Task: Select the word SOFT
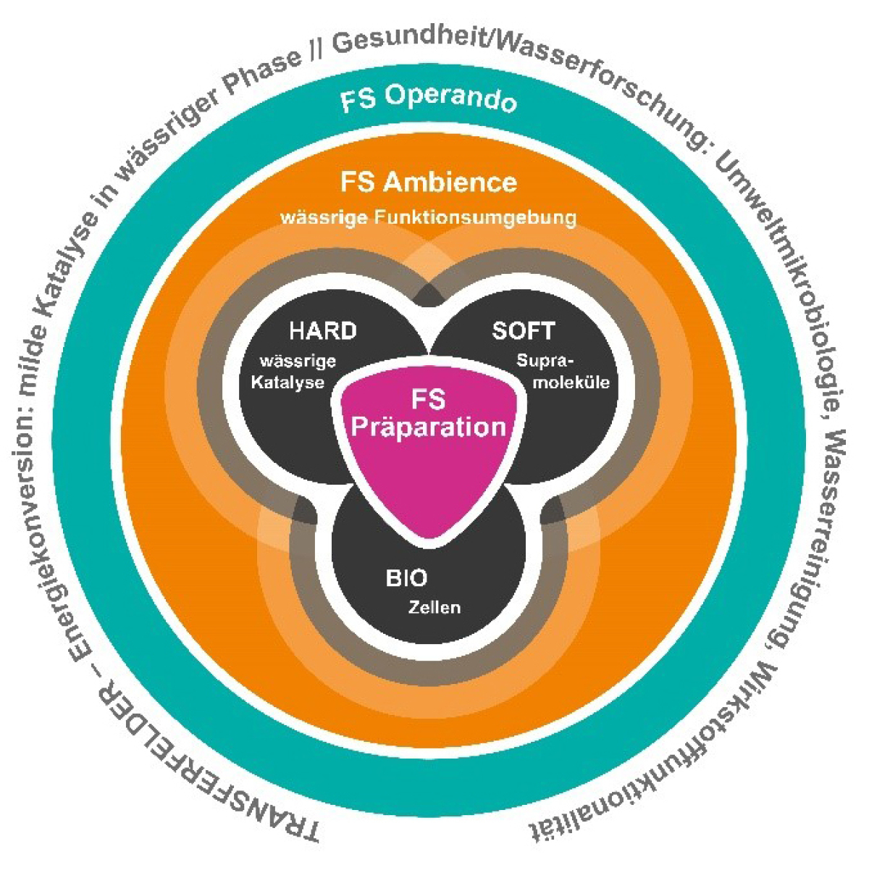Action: click(x=523, y=331)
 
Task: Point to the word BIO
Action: click(x=406, y=579)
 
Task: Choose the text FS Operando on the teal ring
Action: click(x=429, y=99)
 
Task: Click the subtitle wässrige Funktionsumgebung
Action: click(x=429, y=217)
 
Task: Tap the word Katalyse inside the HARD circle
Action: click(x=287, y=383)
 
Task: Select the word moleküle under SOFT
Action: click(x=571, y=382)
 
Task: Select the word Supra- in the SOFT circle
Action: click(x=542, y=360)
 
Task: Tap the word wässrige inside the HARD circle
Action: click(x=298, y=361)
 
